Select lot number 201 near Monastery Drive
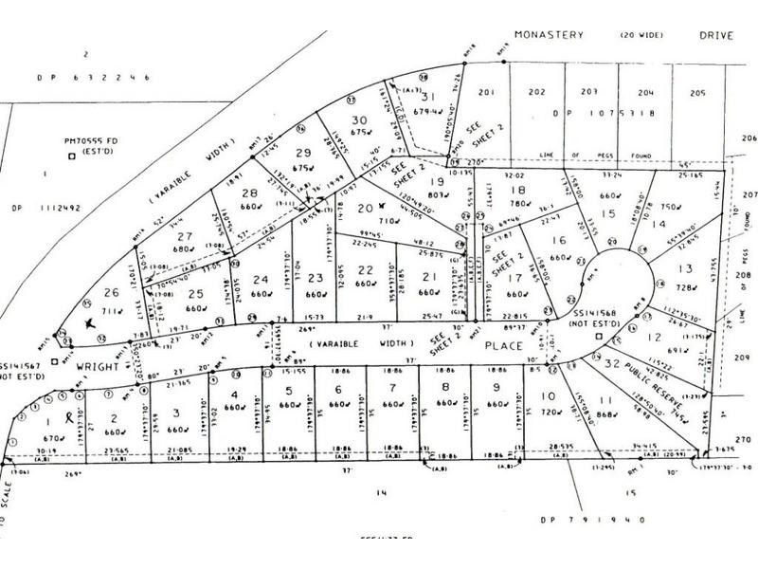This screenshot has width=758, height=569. point(487,92)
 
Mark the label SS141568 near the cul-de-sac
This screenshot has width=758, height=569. point(597,314)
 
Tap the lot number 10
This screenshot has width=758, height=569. point(547,396)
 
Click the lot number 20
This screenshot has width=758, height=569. point(364,207)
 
